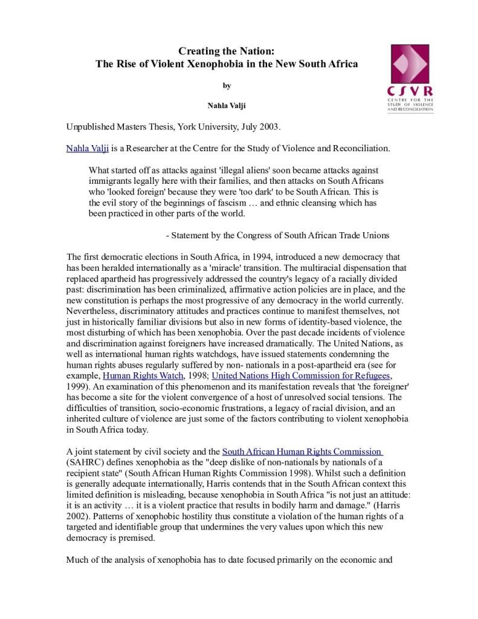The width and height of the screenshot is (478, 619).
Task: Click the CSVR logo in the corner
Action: pos(411,77)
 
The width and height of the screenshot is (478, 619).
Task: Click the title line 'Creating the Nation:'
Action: pos(227,51)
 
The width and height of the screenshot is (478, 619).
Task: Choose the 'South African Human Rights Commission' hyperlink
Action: pos(302,451)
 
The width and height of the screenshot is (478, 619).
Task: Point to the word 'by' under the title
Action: pos(227,86)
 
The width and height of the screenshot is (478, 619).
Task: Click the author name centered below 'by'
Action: pos(227,106)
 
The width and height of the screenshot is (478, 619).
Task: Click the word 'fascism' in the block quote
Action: pos(231,203)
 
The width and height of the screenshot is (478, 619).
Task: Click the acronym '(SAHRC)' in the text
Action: pos(83,462)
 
